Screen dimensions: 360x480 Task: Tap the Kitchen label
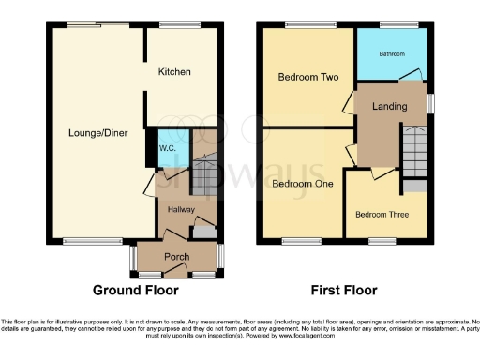click(174, 72)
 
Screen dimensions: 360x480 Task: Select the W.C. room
click(169, 148)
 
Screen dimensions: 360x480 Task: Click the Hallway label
click(180, 209)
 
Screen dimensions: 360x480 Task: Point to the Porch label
click(177, 257)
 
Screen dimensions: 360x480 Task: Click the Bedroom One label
click(303, 184)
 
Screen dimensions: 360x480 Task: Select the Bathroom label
click(393, 54)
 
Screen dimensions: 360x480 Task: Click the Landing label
click(389, 107)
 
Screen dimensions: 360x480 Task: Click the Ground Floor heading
click(139, 292)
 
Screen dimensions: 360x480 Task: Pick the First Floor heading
click(347, 292)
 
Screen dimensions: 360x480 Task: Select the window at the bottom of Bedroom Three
click(382, 241)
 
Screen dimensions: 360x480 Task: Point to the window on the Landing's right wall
click(430, 103)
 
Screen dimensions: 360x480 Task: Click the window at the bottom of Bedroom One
click(301, 241)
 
